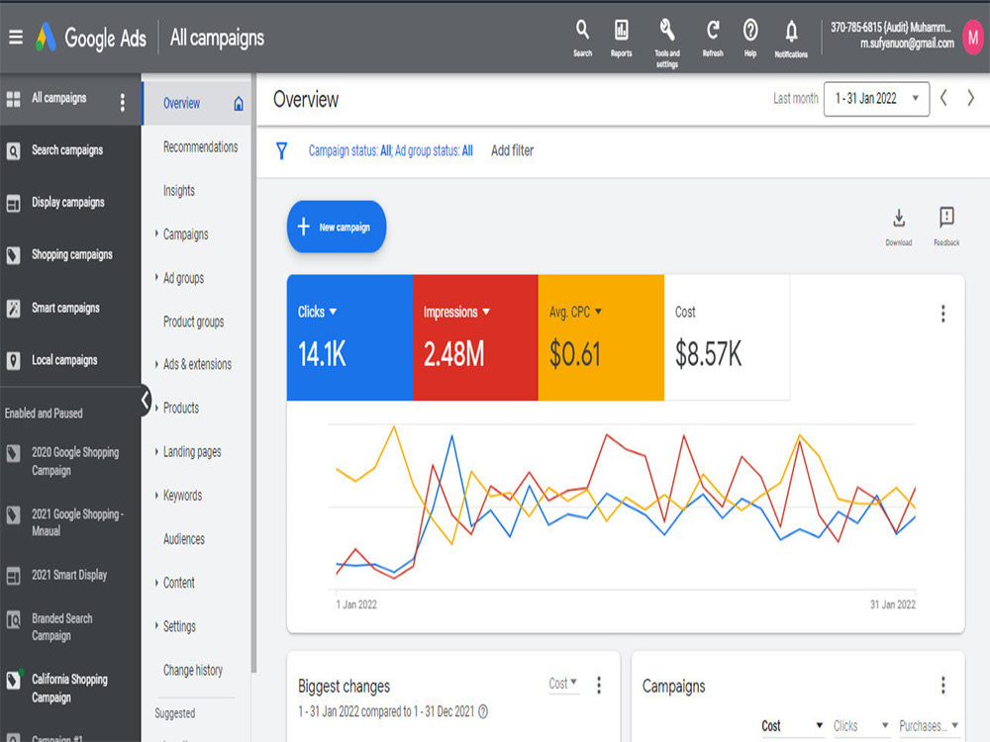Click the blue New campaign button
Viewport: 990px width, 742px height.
click(337, 227)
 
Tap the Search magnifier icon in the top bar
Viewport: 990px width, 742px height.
click(582, 29)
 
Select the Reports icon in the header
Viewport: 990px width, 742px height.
click(622, 29)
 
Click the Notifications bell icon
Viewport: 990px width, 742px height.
click(791, 31)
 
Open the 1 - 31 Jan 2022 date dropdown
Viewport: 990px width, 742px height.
click(876, 99)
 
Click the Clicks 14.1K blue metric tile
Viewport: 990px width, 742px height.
click(349, 337)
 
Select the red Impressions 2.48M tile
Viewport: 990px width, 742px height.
click(475, 337)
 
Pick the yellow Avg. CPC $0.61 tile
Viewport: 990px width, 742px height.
click(601, 337)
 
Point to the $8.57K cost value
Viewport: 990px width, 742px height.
click(709, 353)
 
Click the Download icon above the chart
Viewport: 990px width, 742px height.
click(899, 219)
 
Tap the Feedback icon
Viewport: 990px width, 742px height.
click(946, 217)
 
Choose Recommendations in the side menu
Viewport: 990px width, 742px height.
click(201, 147)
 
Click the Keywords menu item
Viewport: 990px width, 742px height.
click(182, 496)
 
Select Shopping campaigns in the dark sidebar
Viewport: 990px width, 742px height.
click(72, 254)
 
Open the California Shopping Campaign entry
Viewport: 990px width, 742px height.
click(69, 688)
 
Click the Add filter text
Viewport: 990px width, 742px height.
click(512, 150)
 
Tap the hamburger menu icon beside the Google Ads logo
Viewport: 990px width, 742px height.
click(16, 38)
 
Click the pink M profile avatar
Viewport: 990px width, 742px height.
click(973, 38)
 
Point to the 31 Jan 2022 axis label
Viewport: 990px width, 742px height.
click(893, 604)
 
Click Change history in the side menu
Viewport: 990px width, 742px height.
click(193, 670)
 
